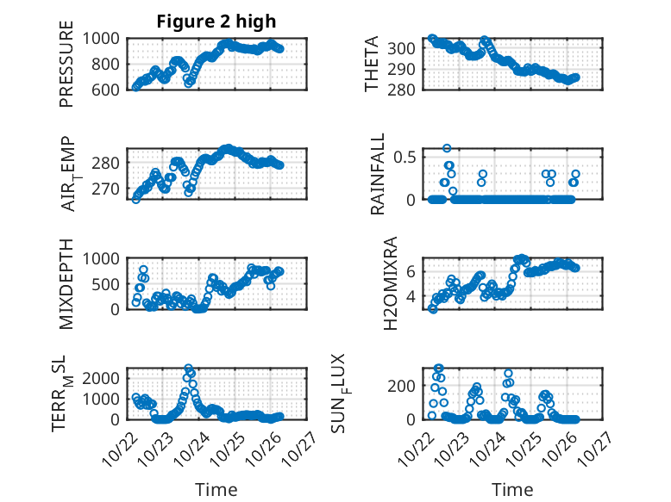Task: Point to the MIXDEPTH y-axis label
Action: coord(66,284)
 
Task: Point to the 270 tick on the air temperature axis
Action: coord(109,189)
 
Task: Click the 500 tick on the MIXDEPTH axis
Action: coord(109,284)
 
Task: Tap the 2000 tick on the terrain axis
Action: coord(103,379)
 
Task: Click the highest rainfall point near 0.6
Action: coord(447,148)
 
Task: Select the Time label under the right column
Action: coord(513,489)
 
